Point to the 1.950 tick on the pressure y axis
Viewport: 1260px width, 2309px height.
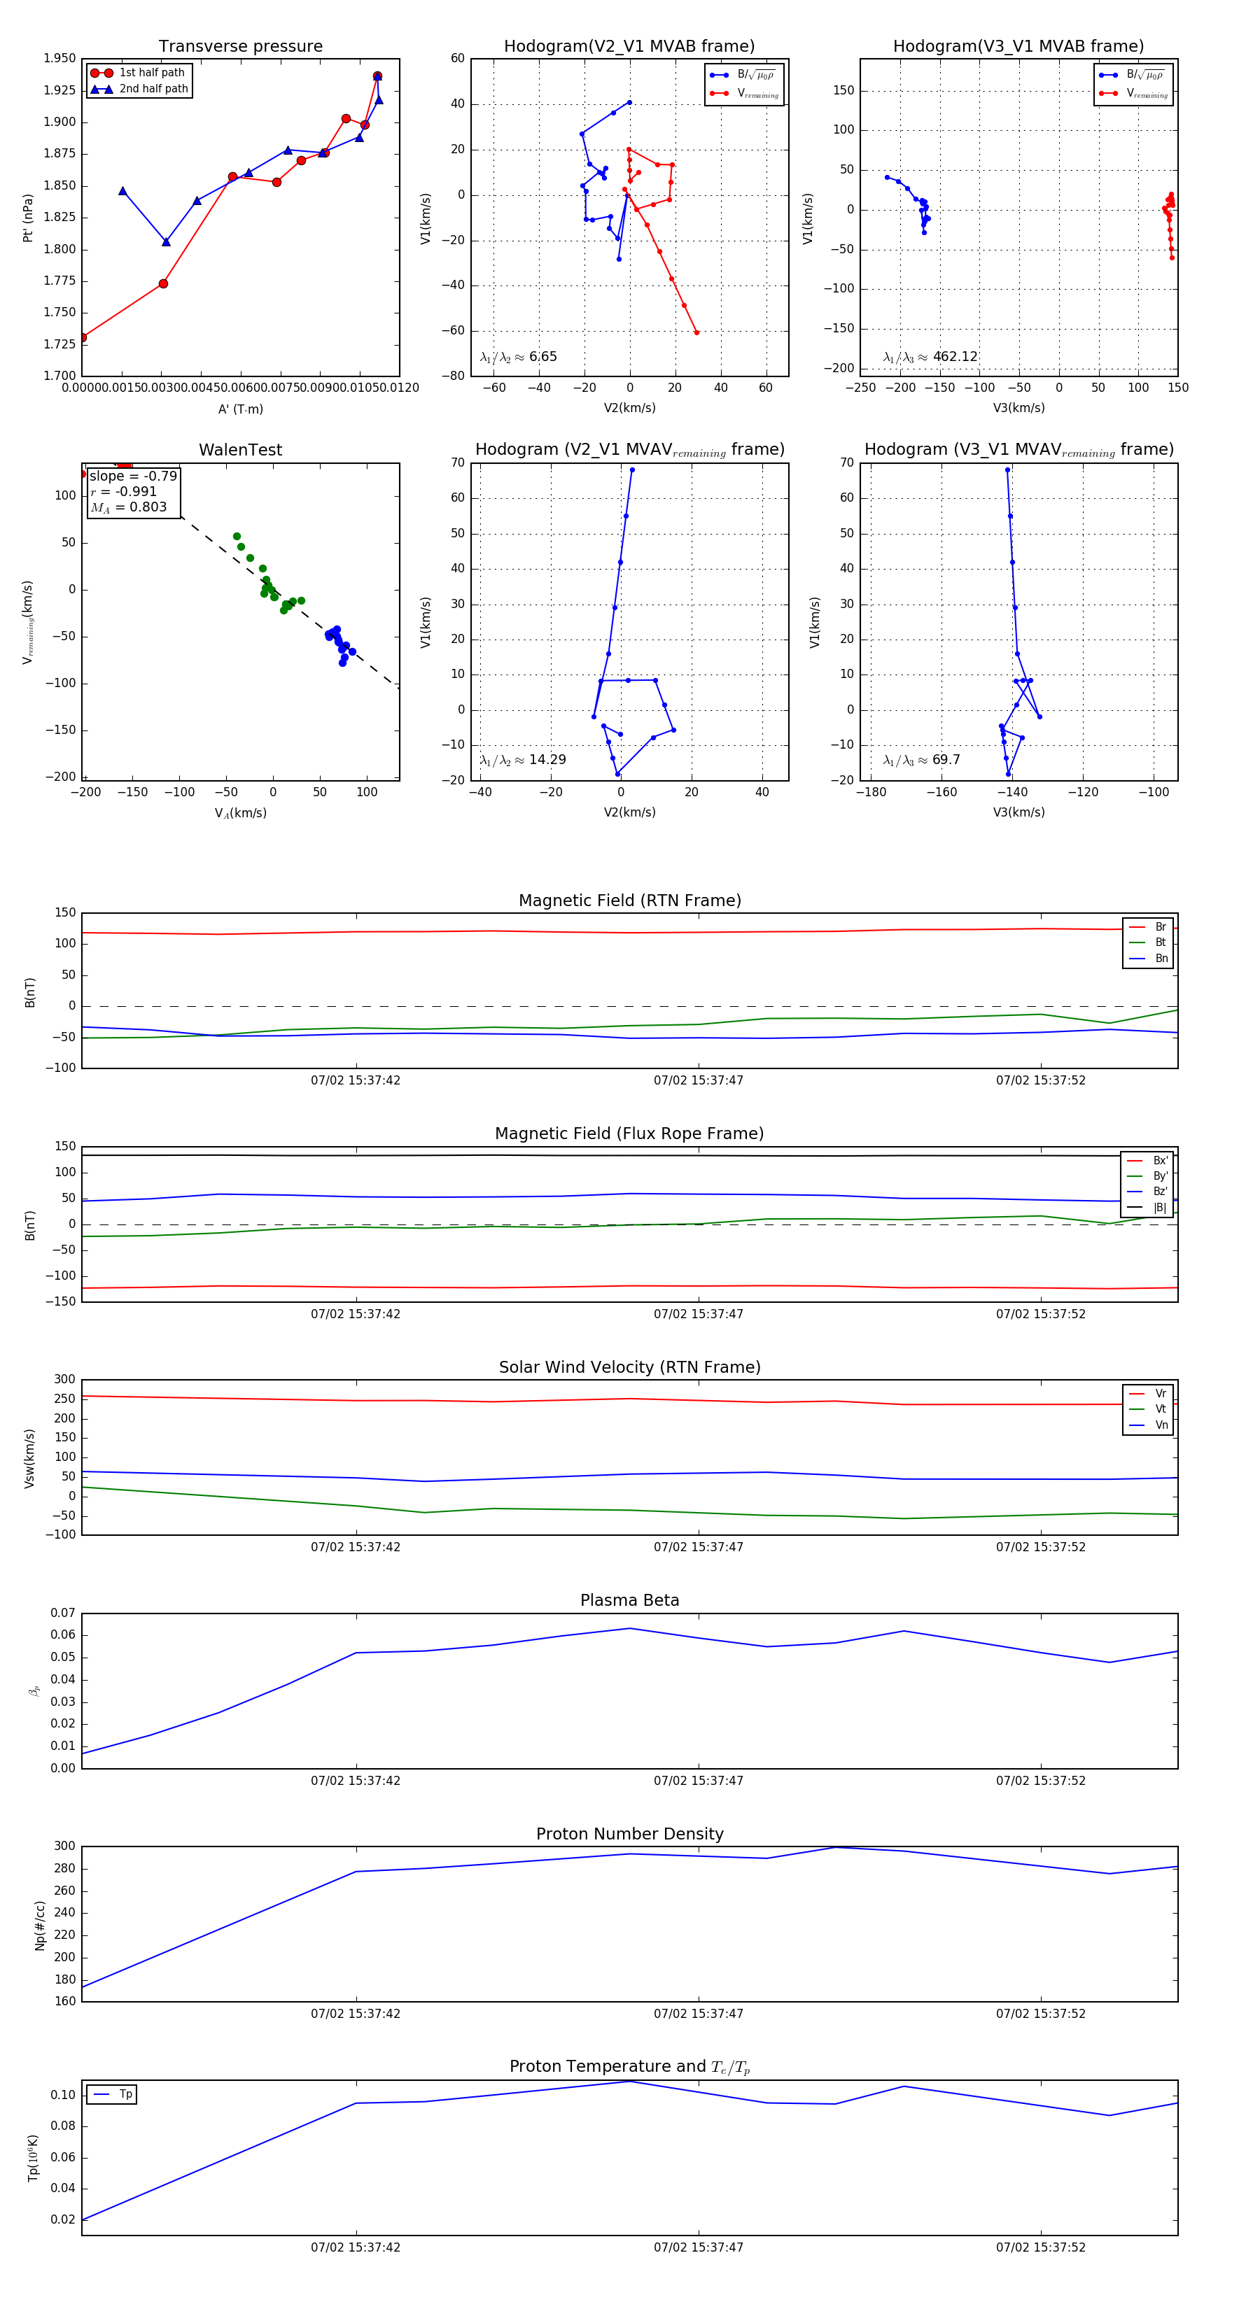click(60, 58)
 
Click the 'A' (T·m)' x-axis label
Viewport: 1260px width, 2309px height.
click(240, 409)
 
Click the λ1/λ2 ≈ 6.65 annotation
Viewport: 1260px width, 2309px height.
click(518, 357)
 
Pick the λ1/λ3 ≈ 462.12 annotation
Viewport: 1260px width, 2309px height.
click(930, 357)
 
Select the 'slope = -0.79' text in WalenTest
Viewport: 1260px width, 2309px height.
click(133, 476)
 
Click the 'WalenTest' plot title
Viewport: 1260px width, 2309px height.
click(240, 450)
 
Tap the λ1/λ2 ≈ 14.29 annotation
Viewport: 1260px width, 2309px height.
click(523, 760)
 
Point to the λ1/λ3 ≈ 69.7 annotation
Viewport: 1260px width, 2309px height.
click(921, 760)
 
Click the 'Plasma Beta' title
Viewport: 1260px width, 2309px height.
click(629, 1600)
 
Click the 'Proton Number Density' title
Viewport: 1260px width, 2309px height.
click(629, 1834)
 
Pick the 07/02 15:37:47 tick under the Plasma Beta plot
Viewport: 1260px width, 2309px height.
click(698, 1780)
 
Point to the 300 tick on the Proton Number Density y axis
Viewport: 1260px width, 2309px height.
click(64, 1847)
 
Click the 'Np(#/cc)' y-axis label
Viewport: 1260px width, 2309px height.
click(39, 1926)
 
